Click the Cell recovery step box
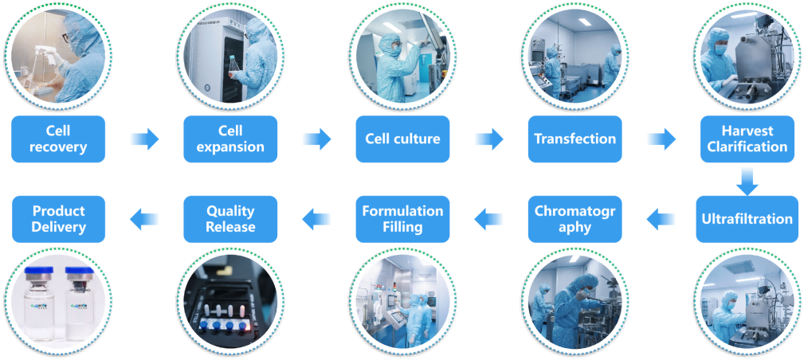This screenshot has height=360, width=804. click(x=58, y=139)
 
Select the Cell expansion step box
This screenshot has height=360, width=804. click(x=230, y=139)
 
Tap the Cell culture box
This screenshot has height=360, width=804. click(x=402, y=139)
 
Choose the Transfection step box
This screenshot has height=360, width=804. click(x=575, y=139)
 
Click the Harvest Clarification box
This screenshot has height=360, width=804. click(x=747, y=139)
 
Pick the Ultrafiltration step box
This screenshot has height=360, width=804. click(x=747, y=219)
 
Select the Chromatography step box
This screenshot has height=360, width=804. click(x=575, y=219)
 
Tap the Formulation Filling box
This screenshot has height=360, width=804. click(x=402, y=219)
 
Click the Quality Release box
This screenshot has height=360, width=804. click(x=230, y=219)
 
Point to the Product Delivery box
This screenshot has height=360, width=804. click(x=58, y=219)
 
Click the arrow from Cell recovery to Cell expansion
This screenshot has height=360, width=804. click(x=144, y=139)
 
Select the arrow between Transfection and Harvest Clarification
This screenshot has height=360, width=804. click(x=661, y=139)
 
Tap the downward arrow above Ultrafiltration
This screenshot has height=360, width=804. click(x=747, y=180)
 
